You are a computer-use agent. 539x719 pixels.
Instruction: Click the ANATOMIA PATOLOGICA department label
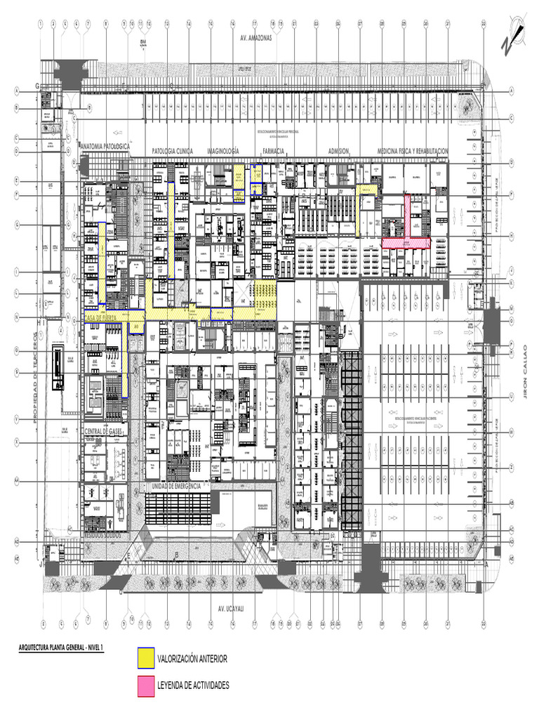pyautogui.click(x=105, y=146)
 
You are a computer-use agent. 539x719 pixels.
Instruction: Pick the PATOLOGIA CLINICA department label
pyautogui.click(x=172, y=151)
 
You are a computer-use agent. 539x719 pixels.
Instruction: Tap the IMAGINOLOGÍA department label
pyautogui.click(x=223, y=151)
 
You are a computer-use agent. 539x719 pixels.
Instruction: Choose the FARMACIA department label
pyautogui.click(x=273, y=151)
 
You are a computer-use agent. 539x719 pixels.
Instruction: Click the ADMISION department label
pyautogui.click(x=339, y=151)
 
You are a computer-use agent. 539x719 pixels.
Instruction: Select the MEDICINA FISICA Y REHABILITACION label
pyautogui.click(x=413, y=151)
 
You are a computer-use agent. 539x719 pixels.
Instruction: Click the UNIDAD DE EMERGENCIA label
pyautogui.click(x=176, y=485)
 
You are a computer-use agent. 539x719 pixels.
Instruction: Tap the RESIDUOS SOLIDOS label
pyautogui.click(x=104, y=534)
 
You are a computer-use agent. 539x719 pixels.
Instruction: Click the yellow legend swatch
pyautogui.click(x=146, y=658)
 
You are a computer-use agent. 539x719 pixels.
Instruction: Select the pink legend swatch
pyautogui.click(x=146, y=686)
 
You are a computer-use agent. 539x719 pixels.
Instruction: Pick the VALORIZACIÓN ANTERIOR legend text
pyautogui.click(x=192, y=659)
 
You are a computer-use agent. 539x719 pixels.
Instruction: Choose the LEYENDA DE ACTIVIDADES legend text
pyautogui.click(x=193, y=685)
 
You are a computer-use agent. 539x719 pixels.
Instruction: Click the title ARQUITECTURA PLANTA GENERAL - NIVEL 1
pyautogui.click(x=60, y=648)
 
